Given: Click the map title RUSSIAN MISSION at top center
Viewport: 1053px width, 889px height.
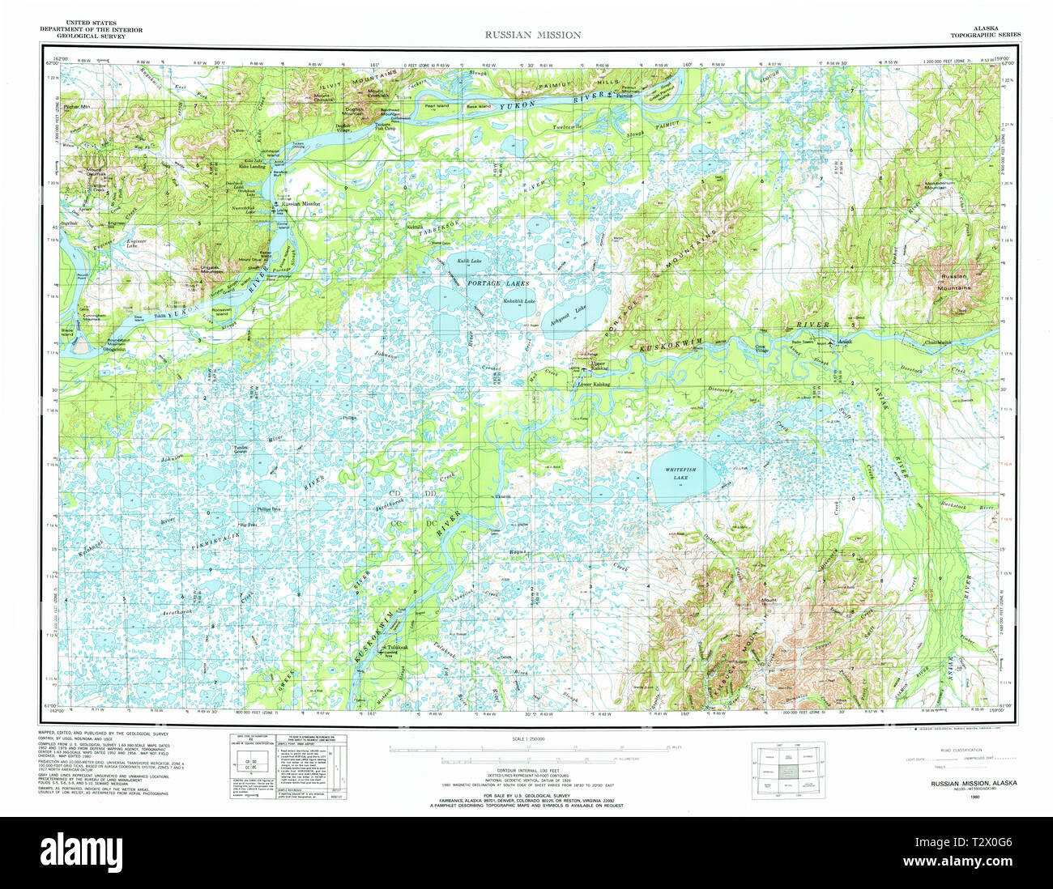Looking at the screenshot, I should pyautogui.click(x=532, y=35).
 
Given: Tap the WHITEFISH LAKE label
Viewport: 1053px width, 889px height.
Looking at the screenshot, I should pyautogui.click(x=676, y=473).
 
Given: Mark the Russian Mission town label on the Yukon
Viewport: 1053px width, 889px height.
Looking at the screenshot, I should pyautogui.click(x=301, y=205).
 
